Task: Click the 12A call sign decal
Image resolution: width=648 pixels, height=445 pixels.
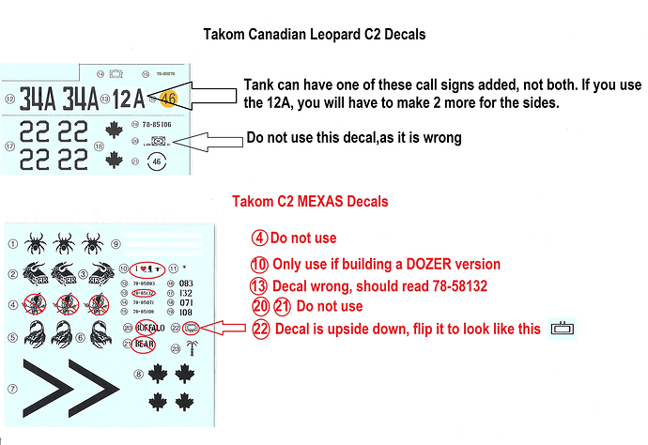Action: click(127, 97)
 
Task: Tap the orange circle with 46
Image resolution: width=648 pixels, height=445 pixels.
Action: click(168, 96)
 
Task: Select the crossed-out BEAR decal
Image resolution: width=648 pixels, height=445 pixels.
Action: click(144, 343)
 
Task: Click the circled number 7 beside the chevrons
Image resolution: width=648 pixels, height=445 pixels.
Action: click(11, 389)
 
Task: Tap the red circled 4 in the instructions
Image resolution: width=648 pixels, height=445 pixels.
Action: click(259, 238)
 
